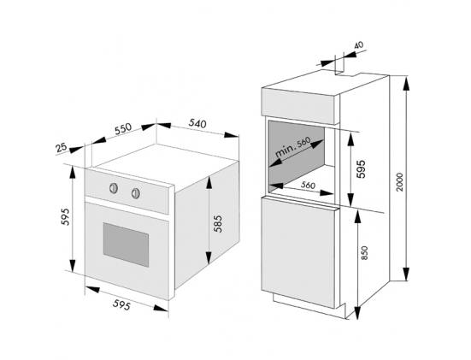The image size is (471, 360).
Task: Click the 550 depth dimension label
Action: [123, 128]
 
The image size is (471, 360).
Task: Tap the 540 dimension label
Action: [197, 123]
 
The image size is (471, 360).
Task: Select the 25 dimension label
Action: [61, 148]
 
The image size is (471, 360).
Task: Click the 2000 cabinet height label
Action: [399, 181]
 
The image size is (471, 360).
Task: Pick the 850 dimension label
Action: [364, 253]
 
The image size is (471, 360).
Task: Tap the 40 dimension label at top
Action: [359, 45]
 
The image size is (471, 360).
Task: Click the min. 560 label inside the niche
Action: [292, 148]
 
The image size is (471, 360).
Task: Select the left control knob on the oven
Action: [114, 188]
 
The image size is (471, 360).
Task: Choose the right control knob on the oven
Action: [135, 193]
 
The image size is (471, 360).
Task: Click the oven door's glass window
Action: [126, 245]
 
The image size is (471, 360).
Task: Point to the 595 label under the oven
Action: [121, 304]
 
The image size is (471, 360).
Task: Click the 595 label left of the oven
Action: [65, 216]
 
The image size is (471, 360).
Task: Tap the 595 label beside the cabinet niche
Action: [361, 168]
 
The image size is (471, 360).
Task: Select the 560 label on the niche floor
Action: [309, 185]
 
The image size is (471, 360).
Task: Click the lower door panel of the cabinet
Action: [298, 251]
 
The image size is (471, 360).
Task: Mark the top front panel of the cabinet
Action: [297, 106]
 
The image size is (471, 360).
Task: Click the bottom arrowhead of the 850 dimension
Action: [356, 313]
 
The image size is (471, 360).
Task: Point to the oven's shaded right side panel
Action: [207, 225]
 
